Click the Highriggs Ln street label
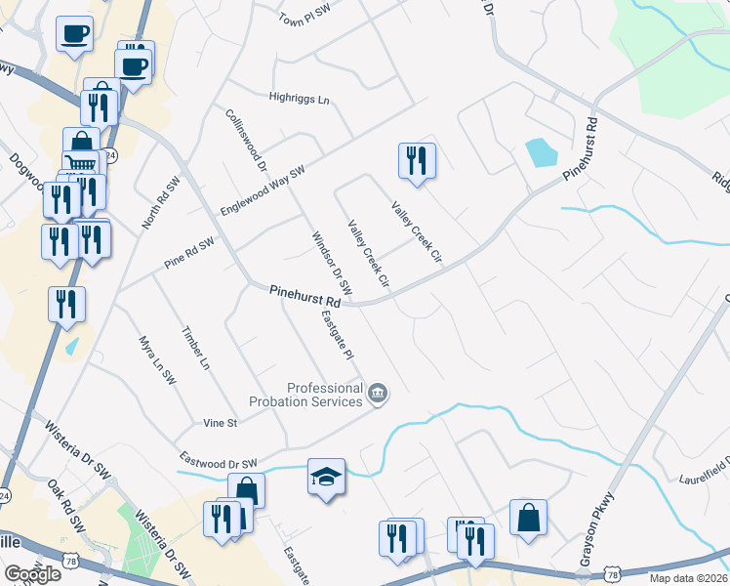point(300,99)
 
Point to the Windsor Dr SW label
point(331,264)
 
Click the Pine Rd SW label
point(189,253)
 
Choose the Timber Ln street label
point(195,348)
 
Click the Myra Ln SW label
point(156,361)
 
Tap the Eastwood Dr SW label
point(218,459)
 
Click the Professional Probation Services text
point(324,395)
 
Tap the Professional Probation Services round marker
point(379,395)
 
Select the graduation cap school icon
point(326,478)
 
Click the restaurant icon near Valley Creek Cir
point(417,160)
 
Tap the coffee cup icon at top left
point(75,34)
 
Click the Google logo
point(32,574)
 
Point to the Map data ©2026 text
point(689,578)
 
